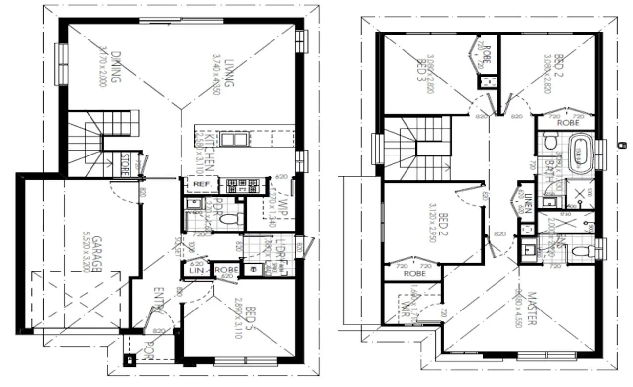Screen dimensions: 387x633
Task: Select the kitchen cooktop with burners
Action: pyautogui.click(x=242, y=186)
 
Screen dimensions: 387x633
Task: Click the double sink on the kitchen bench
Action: pyautogui.click(x=234, y=139)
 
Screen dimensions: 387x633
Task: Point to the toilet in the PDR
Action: pyautogui.click(x=229, y=218)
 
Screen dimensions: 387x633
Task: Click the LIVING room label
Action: pyautogui.click(x=227, y=74)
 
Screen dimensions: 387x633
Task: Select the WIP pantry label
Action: pyautogui.click(x=282, y=208)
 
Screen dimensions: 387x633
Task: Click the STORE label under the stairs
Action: pyautogui.click(x=125, y=165)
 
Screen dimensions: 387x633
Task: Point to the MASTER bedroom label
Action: pyautogui.click(x=531, y=309)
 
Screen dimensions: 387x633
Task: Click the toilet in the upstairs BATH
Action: pyautogui.click(x=549, y=142)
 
